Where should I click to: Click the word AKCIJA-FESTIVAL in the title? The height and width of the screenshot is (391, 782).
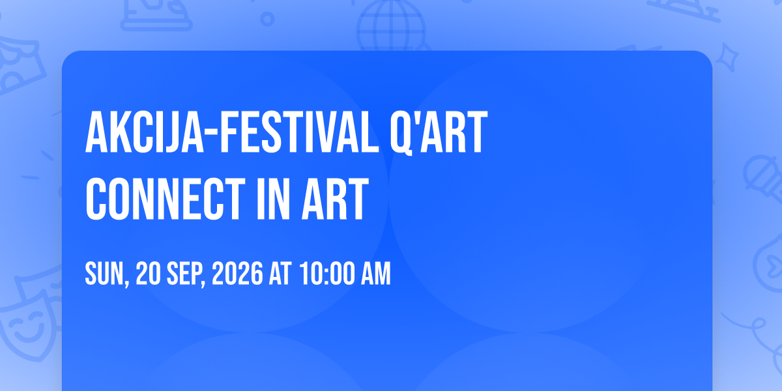pos(232,132)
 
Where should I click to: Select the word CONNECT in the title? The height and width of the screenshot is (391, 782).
pos(166,199)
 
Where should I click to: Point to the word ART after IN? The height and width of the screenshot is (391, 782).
pos(335,199)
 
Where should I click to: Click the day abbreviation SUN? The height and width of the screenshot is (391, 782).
pos(105,274)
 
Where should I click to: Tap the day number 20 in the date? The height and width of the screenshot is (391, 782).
pos(149,274)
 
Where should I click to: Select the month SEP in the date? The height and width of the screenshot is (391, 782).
pos(186,274)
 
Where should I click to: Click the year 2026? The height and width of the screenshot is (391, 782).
pos(237,274)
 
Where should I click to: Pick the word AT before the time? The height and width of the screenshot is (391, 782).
pos(280,274)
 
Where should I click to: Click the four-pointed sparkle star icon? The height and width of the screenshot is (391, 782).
pos(727,57)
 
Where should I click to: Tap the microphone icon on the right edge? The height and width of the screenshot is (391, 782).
pos(764,177)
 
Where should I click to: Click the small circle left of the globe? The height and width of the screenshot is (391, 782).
pos(267,19)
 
